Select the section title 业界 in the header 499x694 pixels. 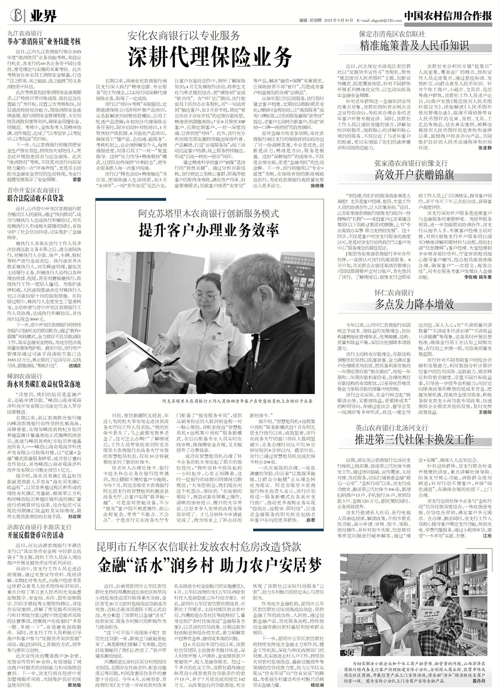pyautogui.click(x=44, y=17)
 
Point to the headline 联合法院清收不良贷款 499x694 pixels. pyautogui.click(x=35, y=198)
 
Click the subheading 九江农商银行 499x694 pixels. pyautogui.click(x=25, y=33)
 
